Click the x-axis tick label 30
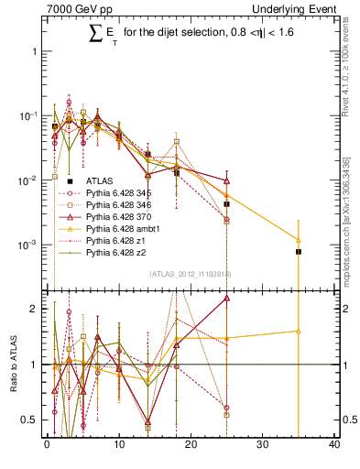263,446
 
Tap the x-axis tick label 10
119,446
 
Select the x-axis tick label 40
334,446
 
